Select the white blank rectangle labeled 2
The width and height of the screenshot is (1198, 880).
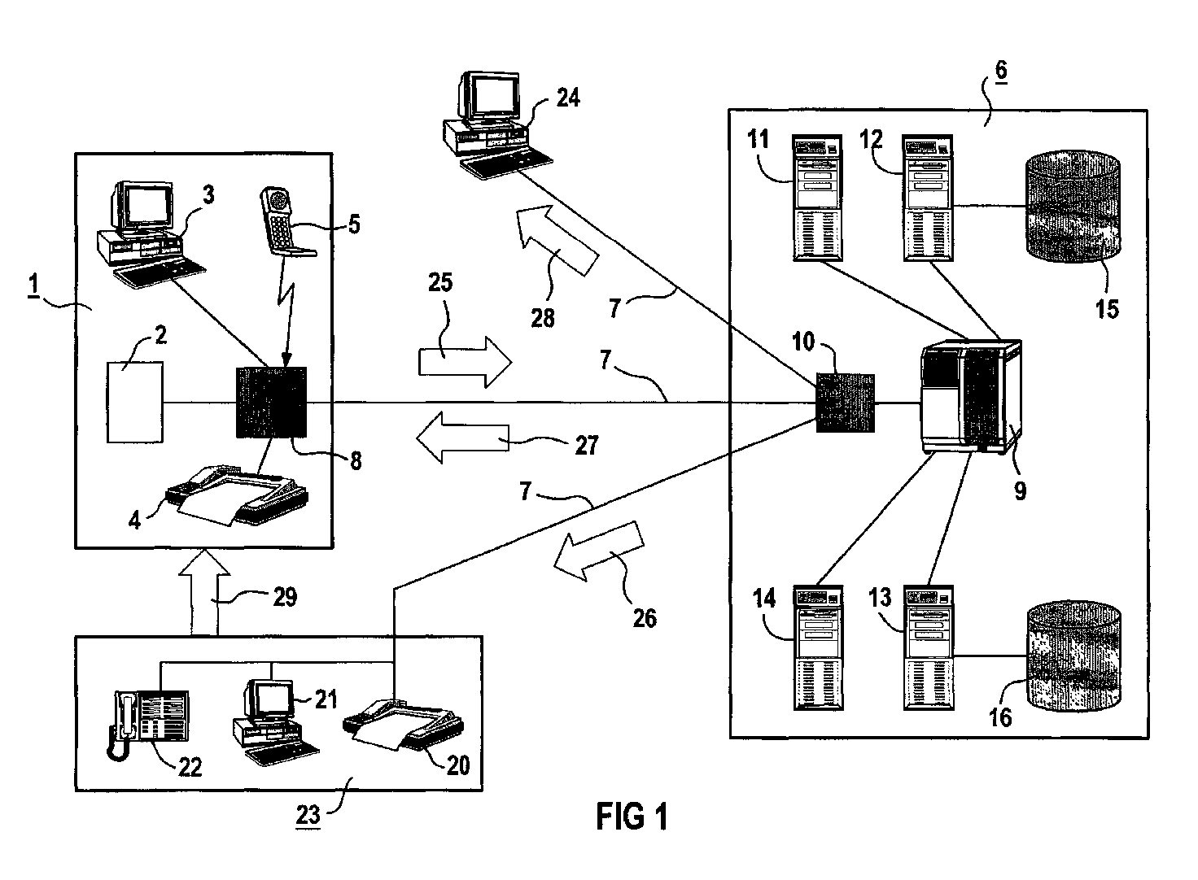tap(135, 403)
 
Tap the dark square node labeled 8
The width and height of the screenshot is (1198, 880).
tap(271, 403)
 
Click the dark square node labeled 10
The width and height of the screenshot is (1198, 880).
tap(845, 403)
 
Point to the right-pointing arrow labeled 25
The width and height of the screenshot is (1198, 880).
tap(465, 362)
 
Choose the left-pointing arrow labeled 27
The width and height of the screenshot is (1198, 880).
tap(463, 438)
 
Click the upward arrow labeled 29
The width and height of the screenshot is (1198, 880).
tap(203, 591)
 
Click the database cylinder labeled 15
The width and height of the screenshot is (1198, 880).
tap(1073, 207)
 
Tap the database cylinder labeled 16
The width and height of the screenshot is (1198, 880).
tap(1073, 656)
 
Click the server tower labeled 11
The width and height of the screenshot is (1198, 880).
tap(817, 198)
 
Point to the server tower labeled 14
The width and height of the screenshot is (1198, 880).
tap(818, 647)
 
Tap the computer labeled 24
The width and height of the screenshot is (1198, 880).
tap(496, 125)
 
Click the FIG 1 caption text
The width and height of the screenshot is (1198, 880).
tap(632, 817)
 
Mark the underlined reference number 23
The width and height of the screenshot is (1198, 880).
tap(308, 816)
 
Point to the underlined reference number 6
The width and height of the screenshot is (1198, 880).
tap(1001, 70)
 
